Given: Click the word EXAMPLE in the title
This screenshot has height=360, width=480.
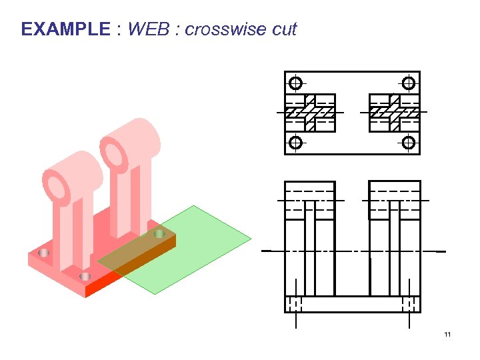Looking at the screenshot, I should [65, 29].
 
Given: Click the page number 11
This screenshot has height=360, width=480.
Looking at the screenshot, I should [447, 334].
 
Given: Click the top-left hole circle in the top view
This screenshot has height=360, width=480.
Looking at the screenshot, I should [295, 83].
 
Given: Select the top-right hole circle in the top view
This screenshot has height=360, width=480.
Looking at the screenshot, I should [409, 83].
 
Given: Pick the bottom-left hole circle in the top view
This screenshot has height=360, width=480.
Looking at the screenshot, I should [295, 143].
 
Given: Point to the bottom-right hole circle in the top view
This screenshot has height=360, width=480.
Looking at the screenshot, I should [409, 143].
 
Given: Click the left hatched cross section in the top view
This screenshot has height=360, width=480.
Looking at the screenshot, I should [310, 113].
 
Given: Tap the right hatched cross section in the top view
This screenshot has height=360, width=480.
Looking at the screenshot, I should [394, 113].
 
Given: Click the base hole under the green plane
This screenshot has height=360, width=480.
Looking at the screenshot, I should [159, 234].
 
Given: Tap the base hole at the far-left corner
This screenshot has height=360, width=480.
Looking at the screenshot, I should [44, 253].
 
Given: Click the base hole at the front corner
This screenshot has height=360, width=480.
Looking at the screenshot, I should [85, 276].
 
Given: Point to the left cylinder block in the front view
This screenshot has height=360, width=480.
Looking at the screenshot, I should [309, 200].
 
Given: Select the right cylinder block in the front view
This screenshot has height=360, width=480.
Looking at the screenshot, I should [395, 200].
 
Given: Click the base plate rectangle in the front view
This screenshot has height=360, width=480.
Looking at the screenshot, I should [352, 304].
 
